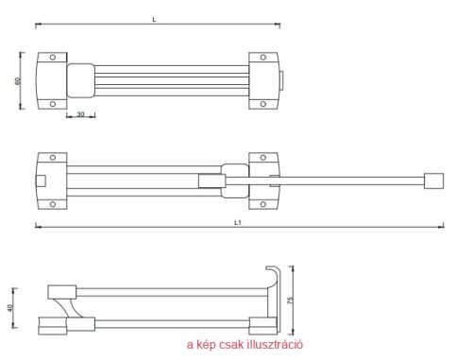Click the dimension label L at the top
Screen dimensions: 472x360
[154, 20]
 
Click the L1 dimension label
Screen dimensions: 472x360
[238, 222]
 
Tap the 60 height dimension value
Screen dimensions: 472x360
[18, 81]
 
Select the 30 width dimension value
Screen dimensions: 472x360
[80, 114]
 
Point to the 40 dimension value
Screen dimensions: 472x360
[10, 308]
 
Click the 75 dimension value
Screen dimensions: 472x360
[290, 300]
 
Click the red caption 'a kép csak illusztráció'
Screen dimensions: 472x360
[244, 344]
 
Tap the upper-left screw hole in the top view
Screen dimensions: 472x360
[53, 58]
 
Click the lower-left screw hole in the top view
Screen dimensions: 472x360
[53, 104]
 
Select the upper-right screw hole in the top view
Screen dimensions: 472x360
[263, 58]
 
